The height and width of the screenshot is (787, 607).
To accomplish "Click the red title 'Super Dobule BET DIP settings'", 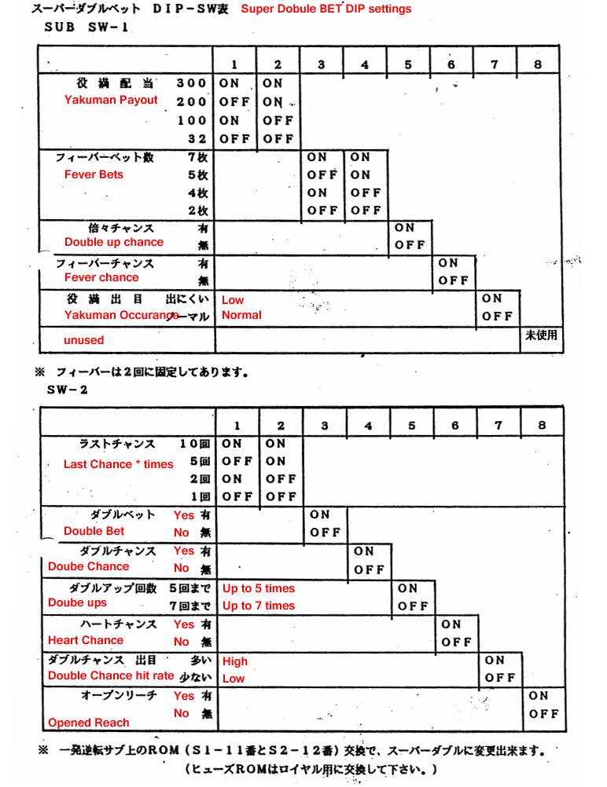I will coord(326,9).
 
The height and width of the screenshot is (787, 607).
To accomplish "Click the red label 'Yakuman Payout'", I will coord(111,100).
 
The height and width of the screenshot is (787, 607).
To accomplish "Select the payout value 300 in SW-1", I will coord(191,83).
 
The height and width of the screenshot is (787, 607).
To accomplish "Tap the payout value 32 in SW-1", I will coord(197,139).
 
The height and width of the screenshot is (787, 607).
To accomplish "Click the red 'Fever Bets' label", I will coord(94,174).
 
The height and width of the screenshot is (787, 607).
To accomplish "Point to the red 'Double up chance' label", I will coord(114,242).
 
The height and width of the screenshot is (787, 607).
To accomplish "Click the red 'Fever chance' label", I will coord(101,277).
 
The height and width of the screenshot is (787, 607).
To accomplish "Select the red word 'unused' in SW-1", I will coord(83,340).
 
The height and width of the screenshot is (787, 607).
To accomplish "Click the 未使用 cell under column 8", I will coord(541,335).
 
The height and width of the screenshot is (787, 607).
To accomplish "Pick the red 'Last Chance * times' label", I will coord(118,464).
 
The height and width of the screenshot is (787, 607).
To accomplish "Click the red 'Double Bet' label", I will coord(94,531).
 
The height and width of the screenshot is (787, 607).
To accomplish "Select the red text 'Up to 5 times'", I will coord(258,588).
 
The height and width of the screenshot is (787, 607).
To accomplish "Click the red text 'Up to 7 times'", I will coord(258,606).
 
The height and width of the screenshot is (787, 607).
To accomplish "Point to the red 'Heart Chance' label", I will coord(86,640).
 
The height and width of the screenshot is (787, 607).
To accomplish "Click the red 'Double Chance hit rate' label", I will coord(111,675).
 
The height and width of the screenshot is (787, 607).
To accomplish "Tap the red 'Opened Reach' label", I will coord(89,723).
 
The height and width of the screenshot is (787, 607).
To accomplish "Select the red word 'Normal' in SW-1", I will coord(241,315).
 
